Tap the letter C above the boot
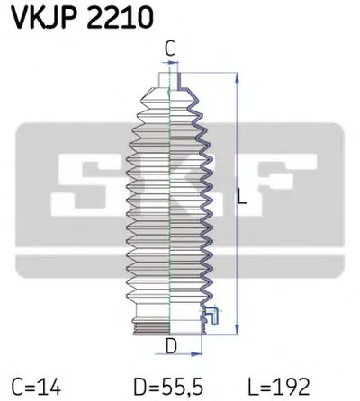[169, 49]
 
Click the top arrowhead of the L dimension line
[236, 75]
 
